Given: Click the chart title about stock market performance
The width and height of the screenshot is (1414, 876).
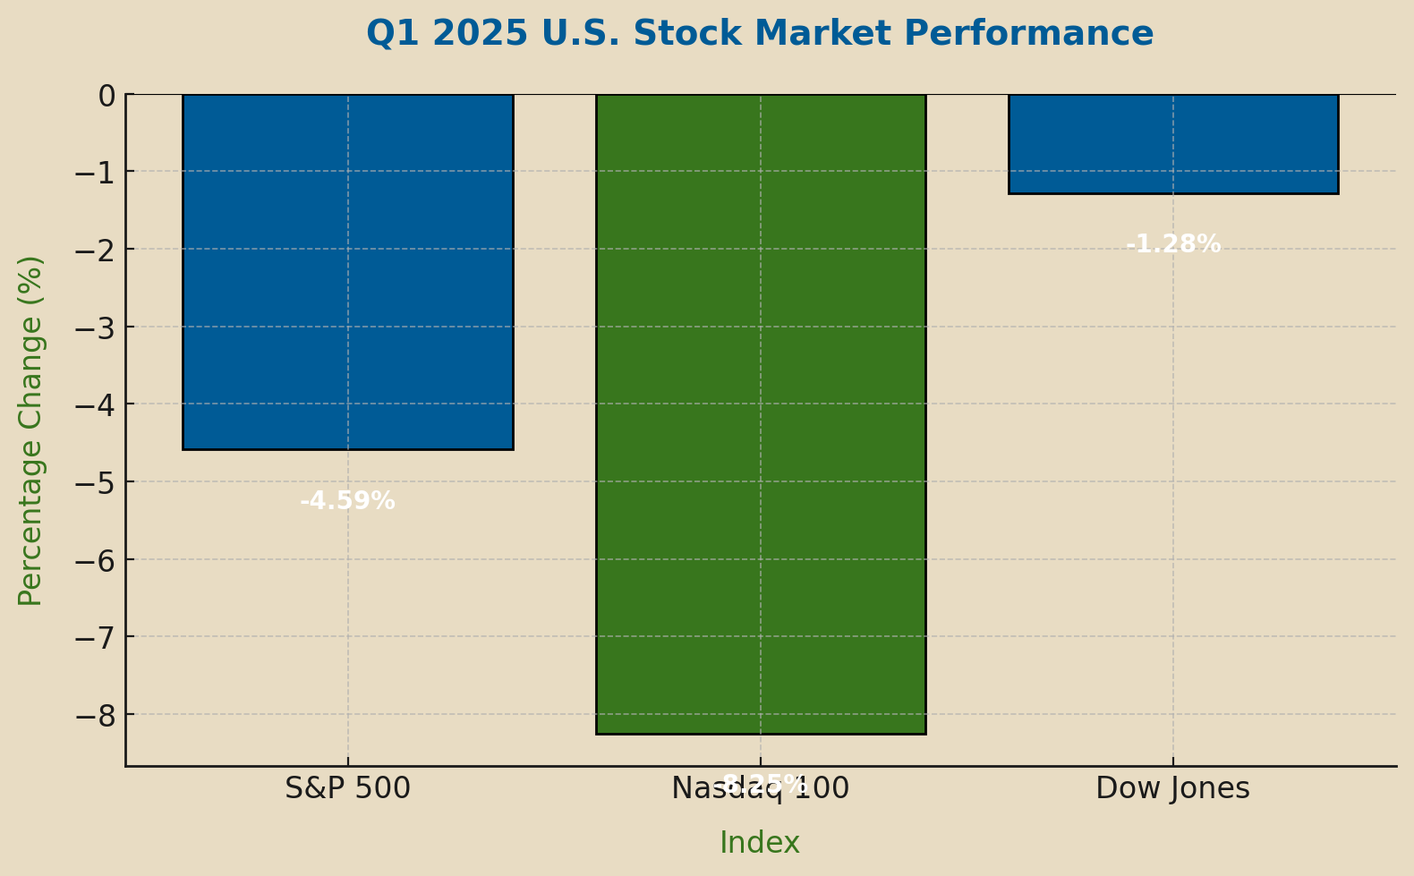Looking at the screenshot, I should [760, 34].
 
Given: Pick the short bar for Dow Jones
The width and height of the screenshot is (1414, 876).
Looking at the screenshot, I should [1172, 144].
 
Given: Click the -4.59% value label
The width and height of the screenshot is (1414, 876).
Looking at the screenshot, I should [347, 501].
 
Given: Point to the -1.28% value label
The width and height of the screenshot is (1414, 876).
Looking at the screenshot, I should [1172, 244].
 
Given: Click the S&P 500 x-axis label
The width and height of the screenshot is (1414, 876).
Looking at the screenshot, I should [347, 788].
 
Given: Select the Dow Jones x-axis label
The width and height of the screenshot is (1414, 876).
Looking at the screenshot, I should [1172, 788].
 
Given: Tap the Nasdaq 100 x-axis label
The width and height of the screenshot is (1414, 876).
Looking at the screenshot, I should [760, 788].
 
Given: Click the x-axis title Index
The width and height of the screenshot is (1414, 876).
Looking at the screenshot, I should [760, 843].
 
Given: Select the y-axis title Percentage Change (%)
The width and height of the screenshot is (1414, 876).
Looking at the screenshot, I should [30, 430].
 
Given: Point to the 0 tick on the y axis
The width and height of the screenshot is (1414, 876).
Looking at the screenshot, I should [106, 95].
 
